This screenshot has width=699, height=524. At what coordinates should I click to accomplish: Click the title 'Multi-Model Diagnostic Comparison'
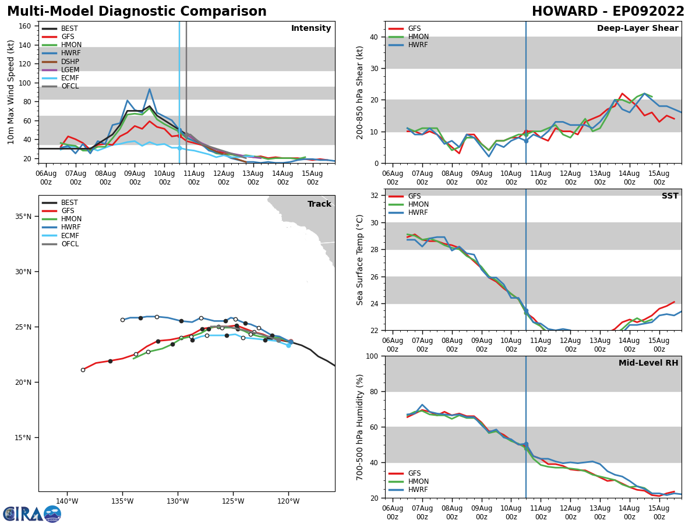coord(136,12)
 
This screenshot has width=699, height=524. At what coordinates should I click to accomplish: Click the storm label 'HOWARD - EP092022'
coord(608,12)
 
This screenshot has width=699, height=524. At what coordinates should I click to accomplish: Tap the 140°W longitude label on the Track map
coord(67,502)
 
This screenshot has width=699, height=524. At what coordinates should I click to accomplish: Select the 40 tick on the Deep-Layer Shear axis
coord(375,37)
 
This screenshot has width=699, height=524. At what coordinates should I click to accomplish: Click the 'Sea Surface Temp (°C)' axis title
coord(360,259)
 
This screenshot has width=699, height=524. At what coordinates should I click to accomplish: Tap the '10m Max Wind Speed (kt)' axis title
coord(11,92)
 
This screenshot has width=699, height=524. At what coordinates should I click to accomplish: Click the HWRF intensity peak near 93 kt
coord(149,89)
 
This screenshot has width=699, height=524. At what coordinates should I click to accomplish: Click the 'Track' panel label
coord(319,204)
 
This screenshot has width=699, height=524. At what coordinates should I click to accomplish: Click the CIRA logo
coord(31,514)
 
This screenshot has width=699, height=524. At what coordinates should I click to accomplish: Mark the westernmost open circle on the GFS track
coord(83,370)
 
